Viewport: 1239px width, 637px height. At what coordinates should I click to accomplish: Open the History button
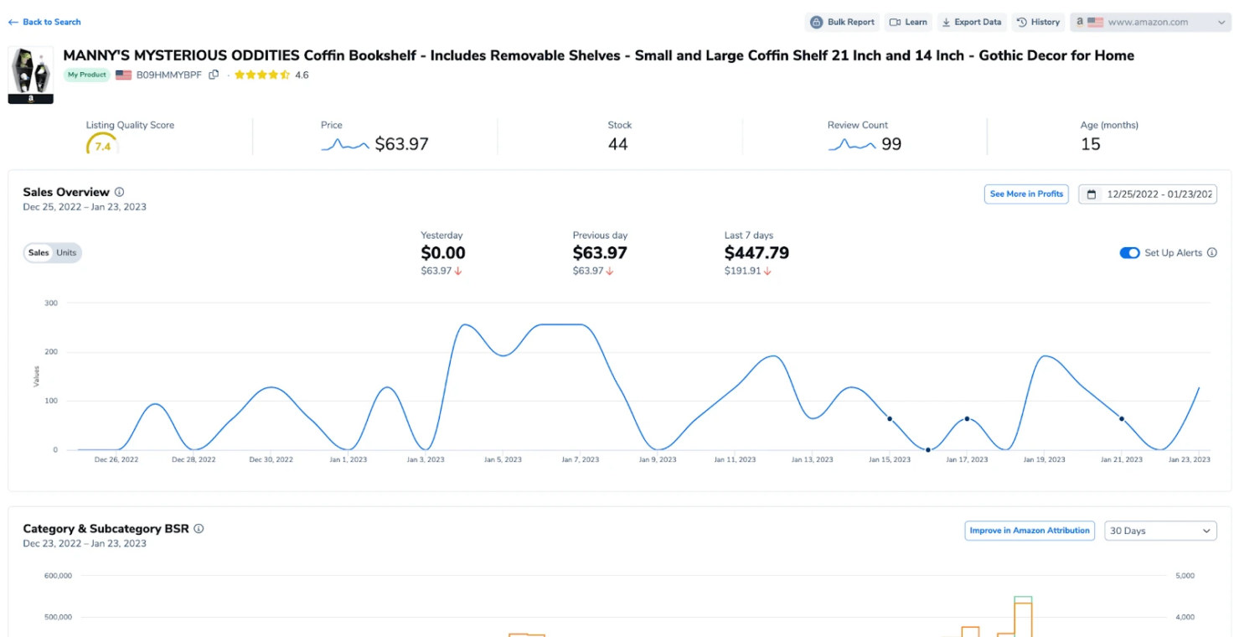[1039, 22]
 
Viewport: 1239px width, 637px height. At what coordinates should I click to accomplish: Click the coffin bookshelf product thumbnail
[31, 75]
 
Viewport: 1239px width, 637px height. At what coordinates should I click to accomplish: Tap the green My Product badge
[86, 75]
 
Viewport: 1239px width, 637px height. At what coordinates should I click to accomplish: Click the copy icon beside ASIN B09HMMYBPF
[214, 75]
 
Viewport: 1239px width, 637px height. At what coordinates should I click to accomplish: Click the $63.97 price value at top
[401, 144]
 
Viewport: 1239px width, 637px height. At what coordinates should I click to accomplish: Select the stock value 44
[618, 144]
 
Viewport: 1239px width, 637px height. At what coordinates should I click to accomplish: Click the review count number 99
[891, 144]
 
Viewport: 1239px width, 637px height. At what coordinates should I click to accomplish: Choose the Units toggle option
[66, 252]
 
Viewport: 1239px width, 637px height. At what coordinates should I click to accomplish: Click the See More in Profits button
[1025, 194]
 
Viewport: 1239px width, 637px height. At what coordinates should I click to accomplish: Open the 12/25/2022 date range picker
[1148, 194]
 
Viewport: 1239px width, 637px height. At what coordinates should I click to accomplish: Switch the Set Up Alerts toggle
[1129, 253]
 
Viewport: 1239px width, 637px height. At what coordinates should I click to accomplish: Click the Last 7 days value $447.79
[756, 253]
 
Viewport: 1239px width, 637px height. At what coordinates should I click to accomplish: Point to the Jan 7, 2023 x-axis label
[581, 459]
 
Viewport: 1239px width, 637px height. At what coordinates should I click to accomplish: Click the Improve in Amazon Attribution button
[1030, 531]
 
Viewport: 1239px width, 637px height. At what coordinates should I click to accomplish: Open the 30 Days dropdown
[1160, 531]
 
